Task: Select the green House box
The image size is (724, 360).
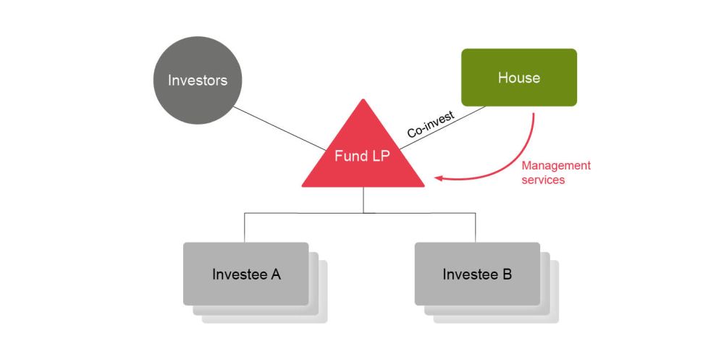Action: click(519, 78)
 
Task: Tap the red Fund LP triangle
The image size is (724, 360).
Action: click(363, 163)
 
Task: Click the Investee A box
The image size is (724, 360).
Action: click(246, 274)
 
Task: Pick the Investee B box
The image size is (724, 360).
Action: click(477, 274)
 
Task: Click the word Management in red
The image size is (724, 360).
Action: click(556, 166)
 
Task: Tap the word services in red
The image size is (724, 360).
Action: click(543, 180)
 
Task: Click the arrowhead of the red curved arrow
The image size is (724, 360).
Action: click(437, 176)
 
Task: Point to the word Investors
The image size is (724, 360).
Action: click(197, 80)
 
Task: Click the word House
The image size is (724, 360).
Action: click(519, 78)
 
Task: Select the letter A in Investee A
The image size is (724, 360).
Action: click(275, 275)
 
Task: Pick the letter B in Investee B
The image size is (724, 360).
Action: click(507, 275)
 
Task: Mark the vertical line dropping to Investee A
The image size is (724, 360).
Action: click(244, 227)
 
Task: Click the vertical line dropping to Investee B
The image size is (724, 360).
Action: click(476, 227)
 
